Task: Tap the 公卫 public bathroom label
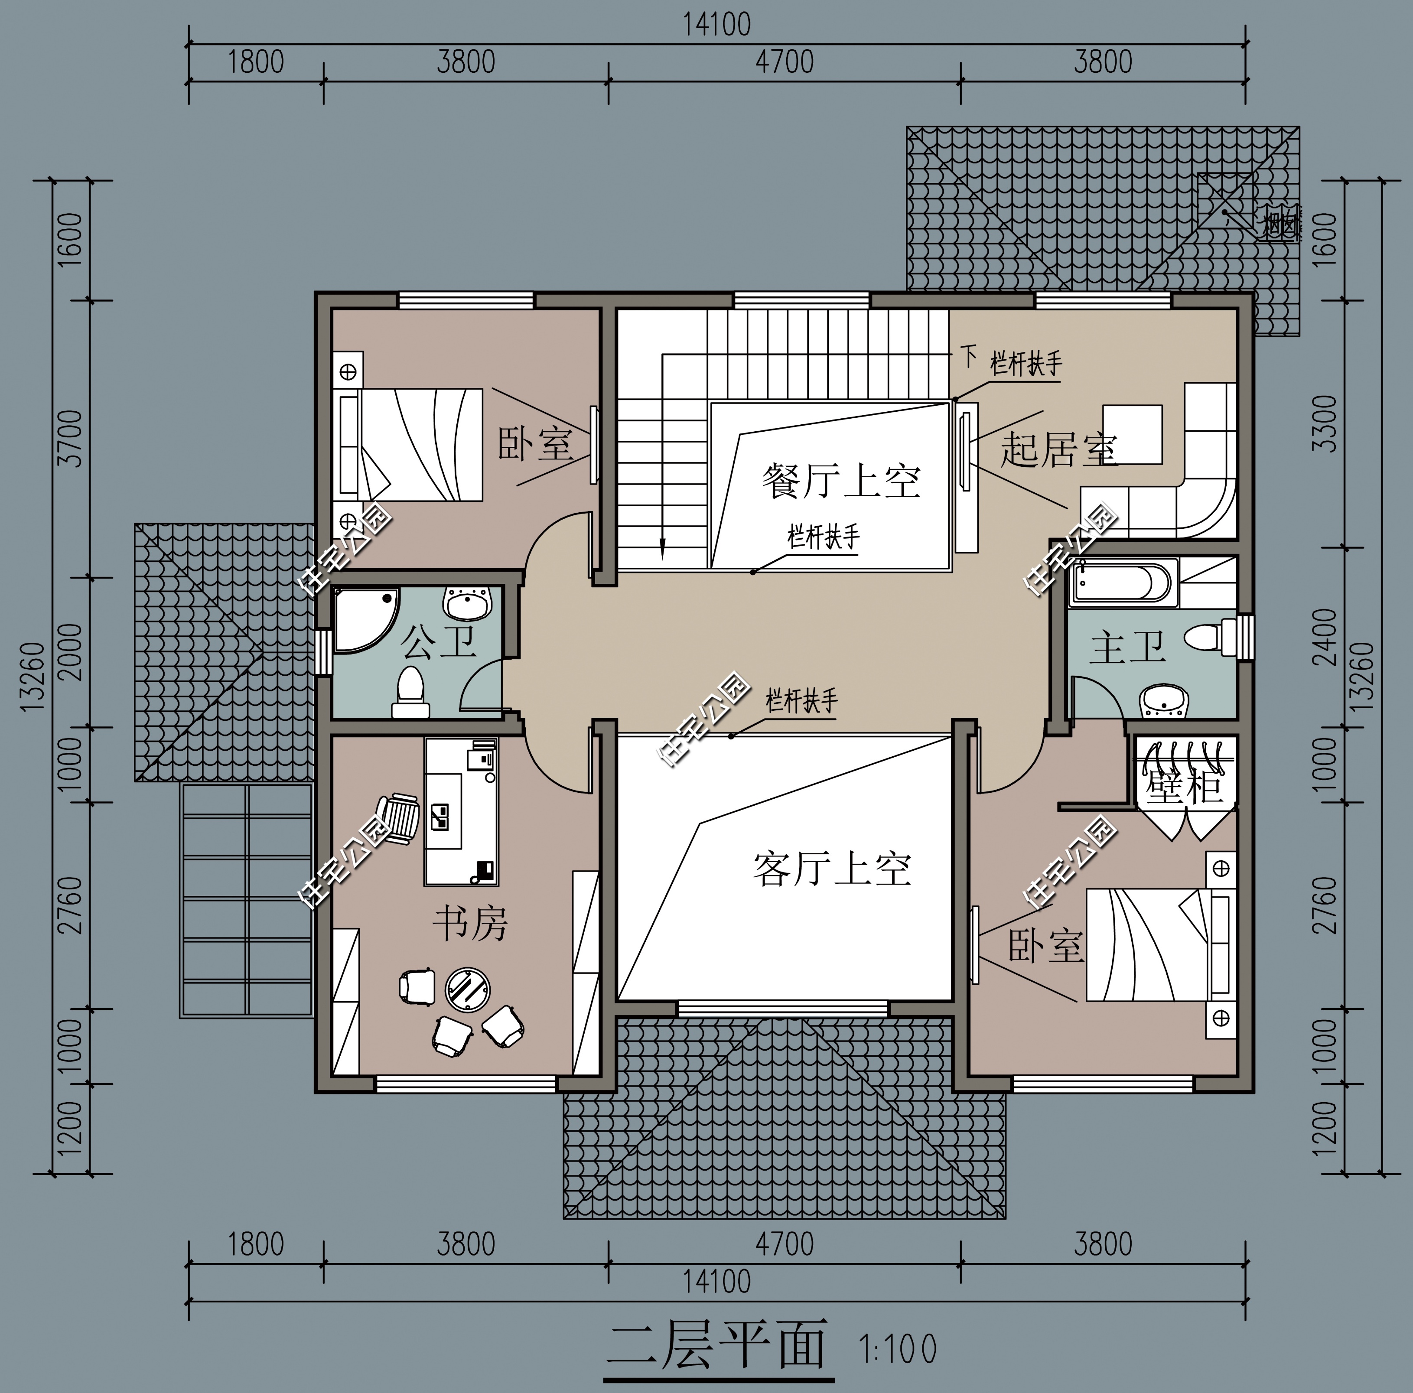pyautogui.click(x=437, y=642)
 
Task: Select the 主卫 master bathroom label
pyautogui.click(x=1127, y=648)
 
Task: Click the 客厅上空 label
pyautogui.click(x=832, y=869)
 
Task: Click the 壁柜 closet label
pyautogui.click(x=1183, y=786)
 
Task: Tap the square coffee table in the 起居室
pyautogui.click(x=1132, y=434)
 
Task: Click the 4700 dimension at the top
pyautogui.click(x=784, y=62)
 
